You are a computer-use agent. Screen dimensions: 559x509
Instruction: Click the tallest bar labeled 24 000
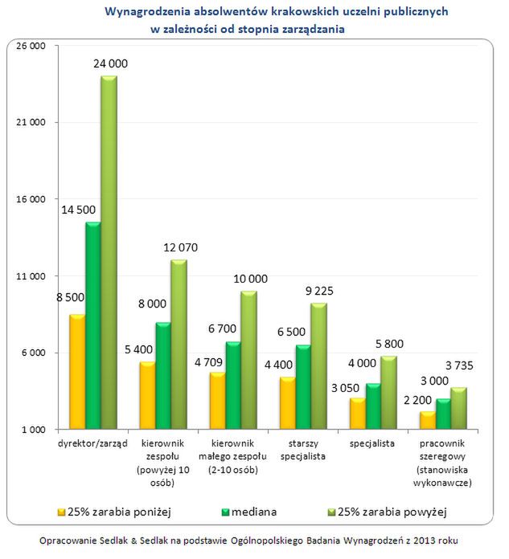click(x=109, y=253)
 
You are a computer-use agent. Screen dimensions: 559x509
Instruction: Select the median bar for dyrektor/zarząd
click(x=92, y=325)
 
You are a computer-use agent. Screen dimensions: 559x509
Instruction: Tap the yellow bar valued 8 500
click(x=77, y=372)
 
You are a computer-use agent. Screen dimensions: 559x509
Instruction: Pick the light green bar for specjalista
click(x=388, y=392)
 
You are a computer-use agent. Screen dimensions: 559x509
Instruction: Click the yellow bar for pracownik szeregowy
click(x=427, y=420)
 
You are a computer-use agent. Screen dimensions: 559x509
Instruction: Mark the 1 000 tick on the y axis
click(x=31, y=430)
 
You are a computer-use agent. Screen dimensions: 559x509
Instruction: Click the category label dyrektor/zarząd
click(x=93, y=444)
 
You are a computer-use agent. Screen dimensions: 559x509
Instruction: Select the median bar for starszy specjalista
click(x=303, y=387)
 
